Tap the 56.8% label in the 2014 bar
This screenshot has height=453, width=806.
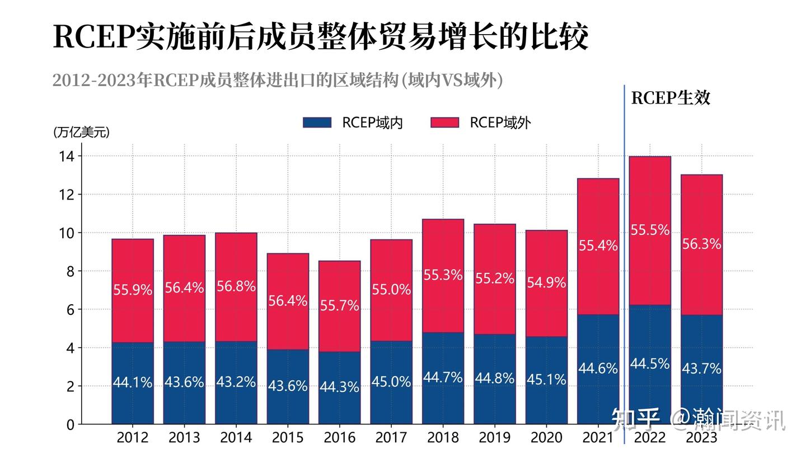236,286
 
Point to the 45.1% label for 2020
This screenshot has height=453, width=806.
546,380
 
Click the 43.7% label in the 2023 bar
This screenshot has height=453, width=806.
701,369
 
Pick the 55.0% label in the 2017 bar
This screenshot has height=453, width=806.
391,290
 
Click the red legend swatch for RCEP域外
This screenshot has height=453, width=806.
444,123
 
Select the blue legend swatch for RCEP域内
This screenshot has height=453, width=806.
317,123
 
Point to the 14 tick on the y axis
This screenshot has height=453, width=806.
66,157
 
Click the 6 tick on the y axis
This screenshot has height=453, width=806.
69,310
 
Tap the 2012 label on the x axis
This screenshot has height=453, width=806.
133,437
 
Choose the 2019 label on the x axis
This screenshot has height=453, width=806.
495,437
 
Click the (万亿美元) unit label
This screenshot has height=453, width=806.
81,133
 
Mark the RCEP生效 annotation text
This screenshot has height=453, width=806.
671,98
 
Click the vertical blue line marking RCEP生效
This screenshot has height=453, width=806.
624,252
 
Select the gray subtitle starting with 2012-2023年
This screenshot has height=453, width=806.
278,80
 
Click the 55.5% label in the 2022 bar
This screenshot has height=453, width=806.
650,230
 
